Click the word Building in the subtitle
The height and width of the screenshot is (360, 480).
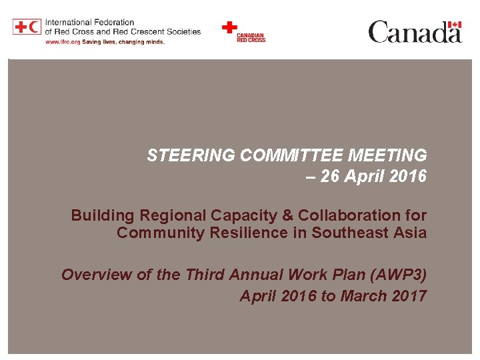point(101,215)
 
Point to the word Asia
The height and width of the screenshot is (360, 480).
point(409,233)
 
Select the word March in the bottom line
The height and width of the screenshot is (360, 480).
point(363,296)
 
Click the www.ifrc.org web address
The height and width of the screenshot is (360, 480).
point(63,41)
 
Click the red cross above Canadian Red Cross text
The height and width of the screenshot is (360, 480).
point(229,27)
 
